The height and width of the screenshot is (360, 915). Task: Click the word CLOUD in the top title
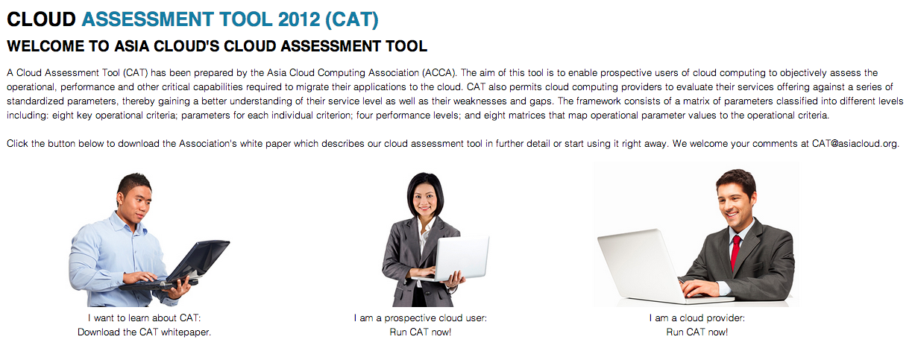(x=41, y=19)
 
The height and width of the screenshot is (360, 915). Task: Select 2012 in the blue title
(x=298, y=19)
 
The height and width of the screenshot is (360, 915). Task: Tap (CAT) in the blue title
(x=352, y=20)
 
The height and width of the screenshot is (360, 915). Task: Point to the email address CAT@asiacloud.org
(x=854, y=144)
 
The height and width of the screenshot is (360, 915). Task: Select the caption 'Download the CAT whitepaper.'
(x=144, y=332)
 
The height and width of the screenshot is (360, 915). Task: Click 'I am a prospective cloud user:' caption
(x=421, y=318)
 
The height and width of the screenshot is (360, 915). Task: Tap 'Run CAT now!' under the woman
(x=421, y=332)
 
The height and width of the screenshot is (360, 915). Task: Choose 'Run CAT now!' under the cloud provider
(x=697, y=332)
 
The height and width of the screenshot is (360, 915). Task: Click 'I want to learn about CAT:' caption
(x=144, y=318)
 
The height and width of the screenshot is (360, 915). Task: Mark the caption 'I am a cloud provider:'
(x=697, y=318)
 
